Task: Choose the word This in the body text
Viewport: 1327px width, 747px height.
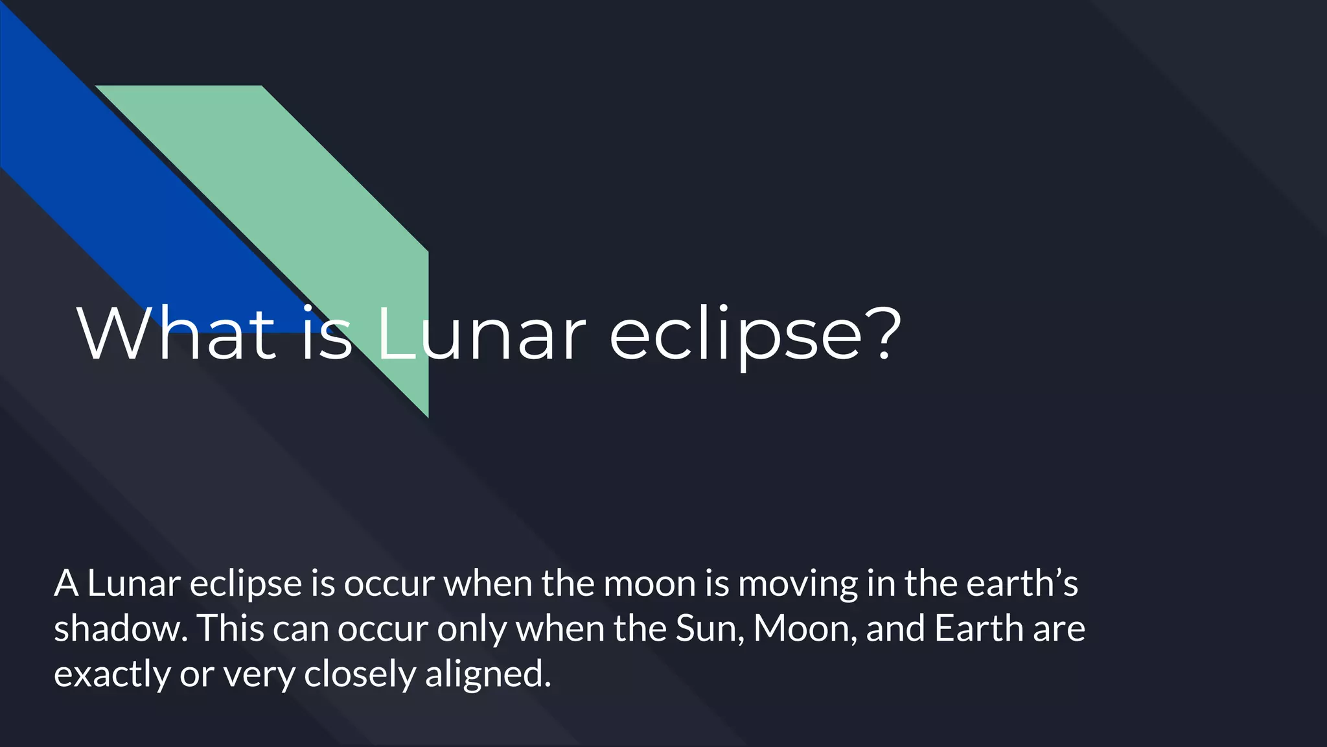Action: tap(230, 628)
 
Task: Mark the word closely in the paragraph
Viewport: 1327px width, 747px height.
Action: tap(360, 675)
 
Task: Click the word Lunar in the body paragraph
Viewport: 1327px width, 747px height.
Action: tap(133, 584)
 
